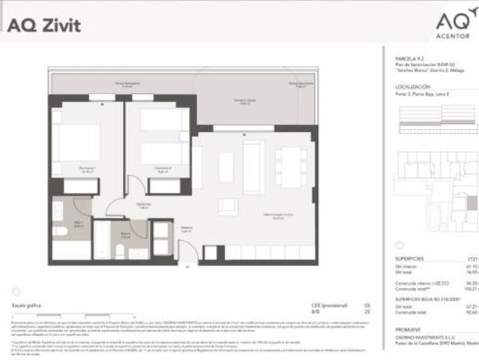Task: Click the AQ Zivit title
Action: tap(44, 25)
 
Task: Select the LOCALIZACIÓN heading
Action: tap(416, 87)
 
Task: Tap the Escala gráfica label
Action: tap(26, 307)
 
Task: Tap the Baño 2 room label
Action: tap(126, 233)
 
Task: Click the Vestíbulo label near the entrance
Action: tap(187, 230)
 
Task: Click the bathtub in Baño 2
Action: tap(103, 240)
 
